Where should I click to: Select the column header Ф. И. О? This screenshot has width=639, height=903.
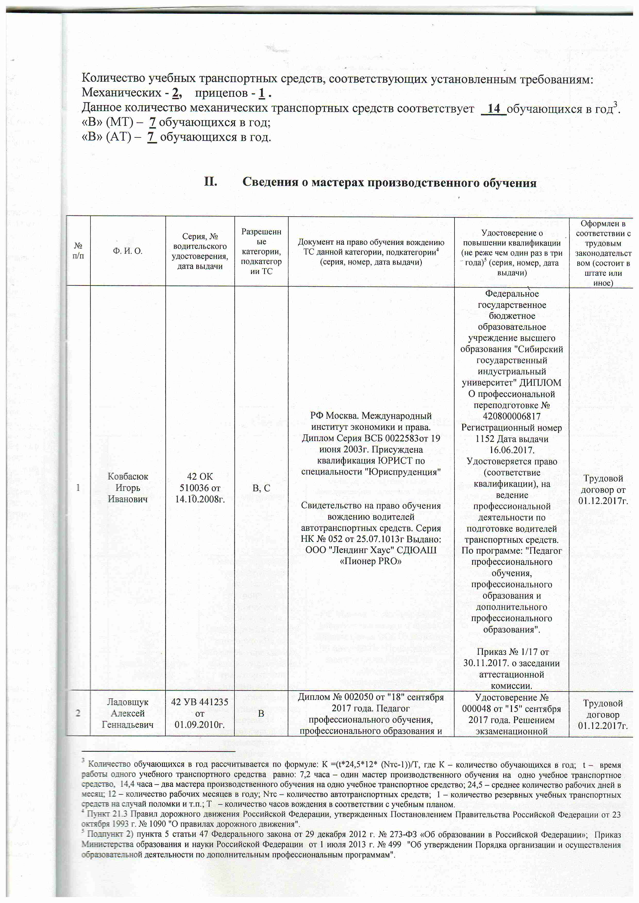(128, 251)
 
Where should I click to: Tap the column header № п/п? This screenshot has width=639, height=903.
(78, 251)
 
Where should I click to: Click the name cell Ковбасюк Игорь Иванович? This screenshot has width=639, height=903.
(128, 488)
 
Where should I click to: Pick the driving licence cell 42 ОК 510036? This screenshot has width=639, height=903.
(200, 488)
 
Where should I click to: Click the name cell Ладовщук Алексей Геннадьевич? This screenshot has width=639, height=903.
(128, 713)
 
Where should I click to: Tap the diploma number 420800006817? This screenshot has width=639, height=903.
(511, 416)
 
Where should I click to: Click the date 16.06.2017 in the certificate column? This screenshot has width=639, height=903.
(511, 450)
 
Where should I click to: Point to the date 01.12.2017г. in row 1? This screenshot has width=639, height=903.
(603, 501)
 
